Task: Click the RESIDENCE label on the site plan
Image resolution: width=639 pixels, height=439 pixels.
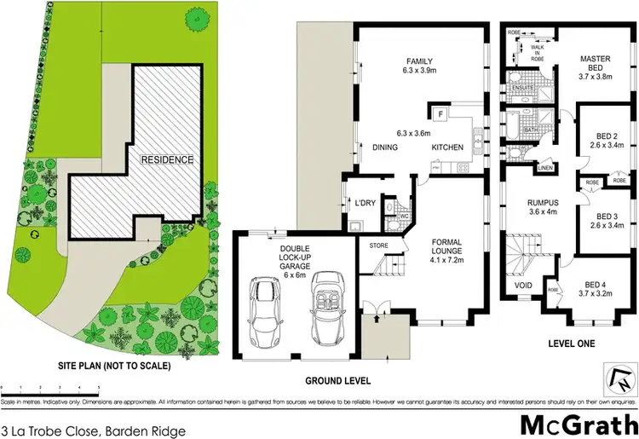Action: coord(167,159)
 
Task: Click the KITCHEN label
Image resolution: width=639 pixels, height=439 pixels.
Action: coord(447,148)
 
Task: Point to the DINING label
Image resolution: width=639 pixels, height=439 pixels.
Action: coord(386,148)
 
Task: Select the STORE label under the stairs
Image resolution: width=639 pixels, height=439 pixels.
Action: coord(379,245)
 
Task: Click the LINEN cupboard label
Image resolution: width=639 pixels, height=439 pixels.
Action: coord(545,168)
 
